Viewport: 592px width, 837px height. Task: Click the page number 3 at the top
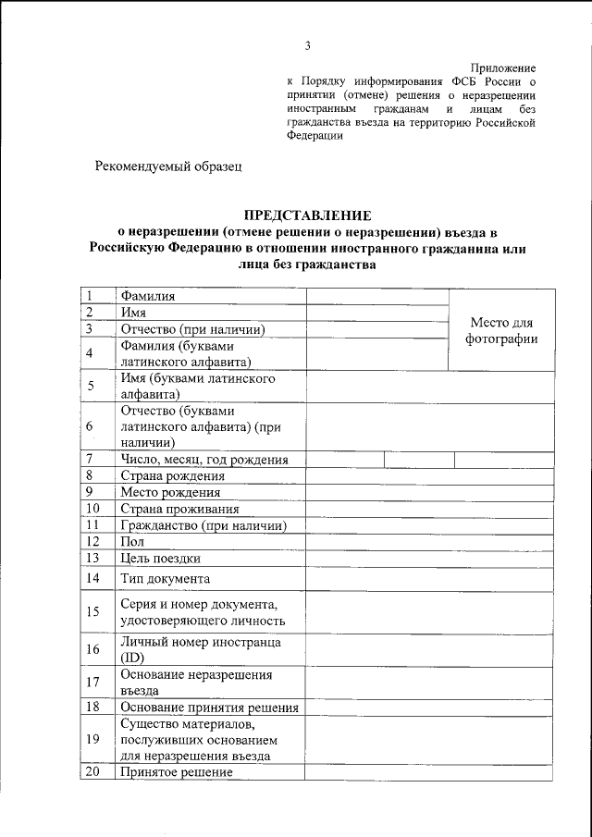coord(307,46)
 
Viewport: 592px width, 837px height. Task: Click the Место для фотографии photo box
coord(501,330)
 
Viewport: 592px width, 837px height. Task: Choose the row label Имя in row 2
coord(134,313)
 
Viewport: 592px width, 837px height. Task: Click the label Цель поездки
coord(161,558)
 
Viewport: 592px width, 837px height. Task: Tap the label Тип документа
coord(166,579)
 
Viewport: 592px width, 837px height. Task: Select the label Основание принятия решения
coord(209,708)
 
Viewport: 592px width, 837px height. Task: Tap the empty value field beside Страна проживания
coord(430,509)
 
